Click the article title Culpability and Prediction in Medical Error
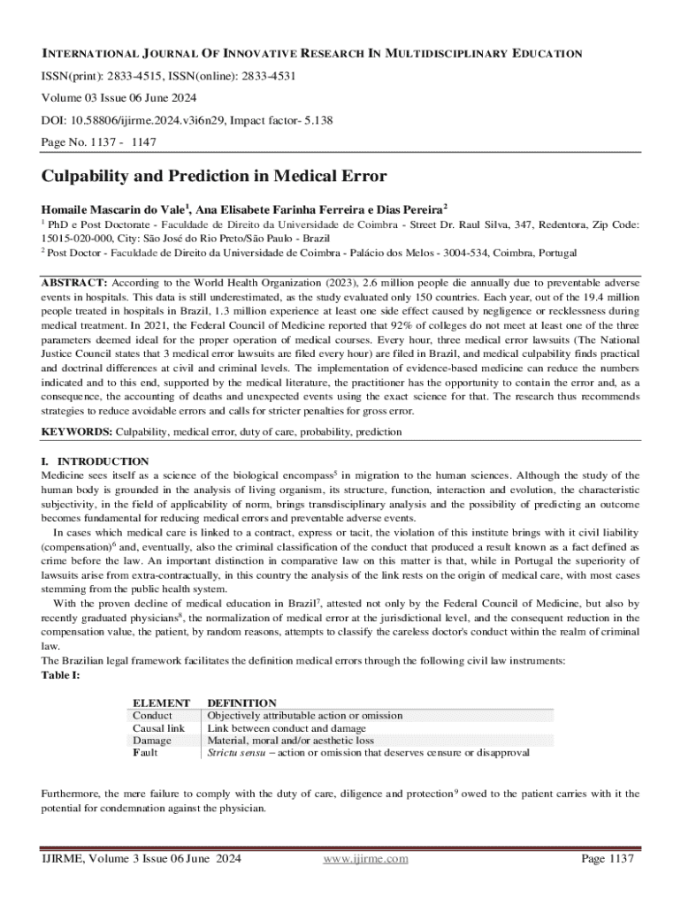(x=214, y=176)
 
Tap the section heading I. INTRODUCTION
(x=96, y=461)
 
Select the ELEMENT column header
(x=159, y=703)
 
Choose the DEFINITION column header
(x=241, y=703)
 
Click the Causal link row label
(x=158, y=727)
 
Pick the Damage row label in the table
(x=151, y=740)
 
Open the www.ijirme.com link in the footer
(x=365, y=858)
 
